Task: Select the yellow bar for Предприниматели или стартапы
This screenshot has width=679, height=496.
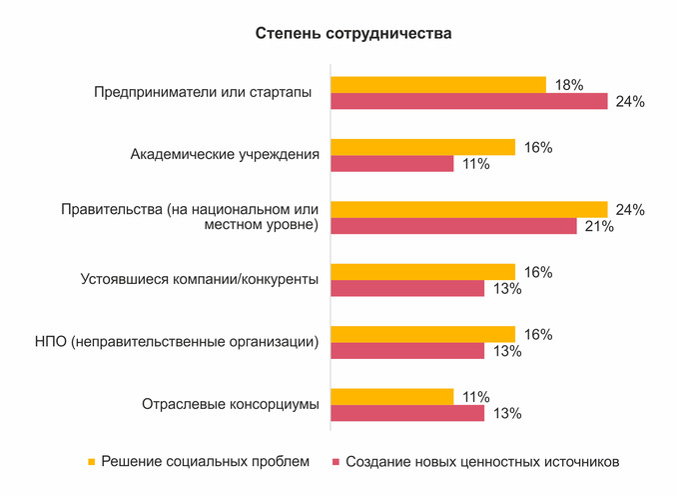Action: [x=438, y=85]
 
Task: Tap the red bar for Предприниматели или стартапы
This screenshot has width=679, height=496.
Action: [x=469, y=101]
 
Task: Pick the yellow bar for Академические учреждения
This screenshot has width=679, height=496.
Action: [x=422, y=147]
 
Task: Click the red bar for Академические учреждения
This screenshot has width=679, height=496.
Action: [x=391, y=163]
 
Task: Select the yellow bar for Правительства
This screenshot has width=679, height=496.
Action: [x=469, y=209]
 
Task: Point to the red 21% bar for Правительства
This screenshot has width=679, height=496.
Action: [x=453, y=226]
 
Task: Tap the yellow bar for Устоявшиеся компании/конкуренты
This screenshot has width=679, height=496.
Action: [x=422, y=272]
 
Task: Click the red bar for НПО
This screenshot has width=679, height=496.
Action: [x=407, y=350]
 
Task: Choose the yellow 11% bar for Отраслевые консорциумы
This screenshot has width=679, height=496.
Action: [x=391, y=396]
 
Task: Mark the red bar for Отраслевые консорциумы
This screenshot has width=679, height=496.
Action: [x=407, y=412]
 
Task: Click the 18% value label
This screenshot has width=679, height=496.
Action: [x=568, y=86]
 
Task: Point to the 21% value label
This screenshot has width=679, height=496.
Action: [x=599, y=227]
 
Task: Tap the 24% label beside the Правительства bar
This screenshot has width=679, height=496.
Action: [x=630, y=210]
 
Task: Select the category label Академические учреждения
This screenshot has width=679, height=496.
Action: [x=225, y=155]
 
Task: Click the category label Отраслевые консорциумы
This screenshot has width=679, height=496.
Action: [x=230, y=404]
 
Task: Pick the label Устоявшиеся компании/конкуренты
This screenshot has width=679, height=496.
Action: [x=199, y=280]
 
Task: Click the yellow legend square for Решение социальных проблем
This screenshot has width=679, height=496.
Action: [x=91, y=462]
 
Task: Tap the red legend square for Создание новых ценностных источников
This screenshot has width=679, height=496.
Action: [x=337, y=462]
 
